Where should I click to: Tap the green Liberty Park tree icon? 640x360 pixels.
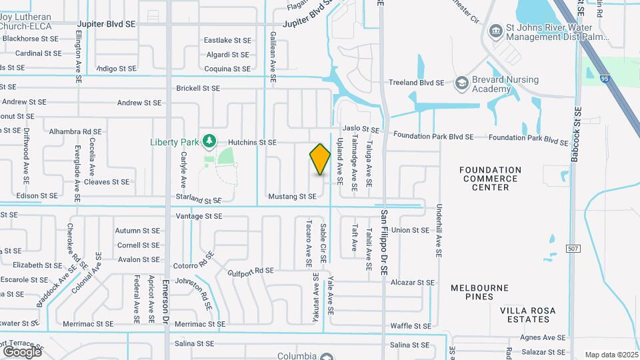(x=209, y=141)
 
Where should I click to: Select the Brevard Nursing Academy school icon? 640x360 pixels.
(x=461, y=83)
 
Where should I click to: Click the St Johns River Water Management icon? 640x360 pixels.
(x=495, y=31)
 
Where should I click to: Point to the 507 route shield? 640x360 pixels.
(x=572, y=248)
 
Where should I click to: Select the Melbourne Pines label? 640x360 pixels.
(x=479, y=288)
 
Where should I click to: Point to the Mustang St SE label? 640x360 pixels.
(x=291, y=197)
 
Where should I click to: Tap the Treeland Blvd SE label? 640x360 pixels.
(x=417, y=83)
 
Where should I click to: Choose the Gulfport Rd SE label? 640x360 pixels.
(x=251, y=271)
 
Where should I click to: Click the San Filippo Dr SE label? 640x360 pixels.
(x=385, y=243)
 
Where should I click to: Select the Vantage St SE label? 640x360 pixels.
(x=199, y=216)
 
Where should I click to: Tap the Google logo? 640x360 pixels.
(x=22, y=351)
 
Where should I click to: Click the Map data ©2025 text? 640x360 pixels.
(x=610, y=355)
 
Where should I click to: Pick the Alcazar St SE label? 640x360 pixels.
(x=413, y=283)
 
